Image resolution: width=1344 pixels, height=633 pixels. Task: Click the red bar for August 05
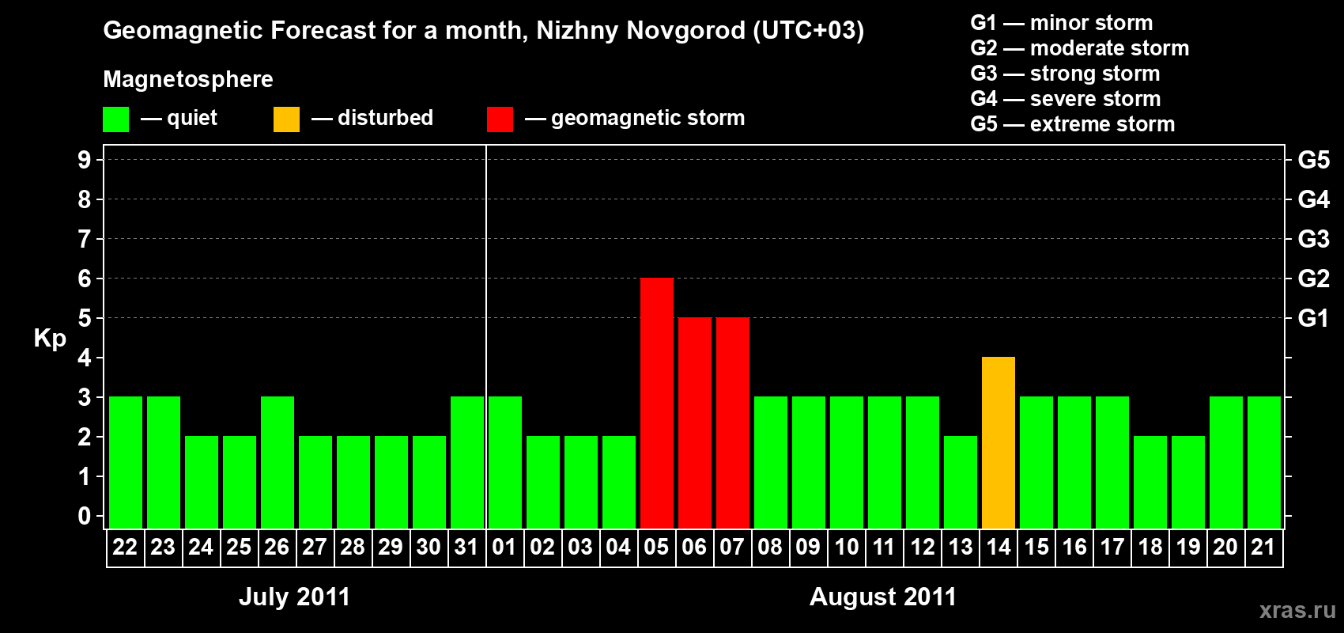656,404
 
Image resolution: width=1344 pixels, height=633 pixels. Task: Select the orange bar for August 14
999,443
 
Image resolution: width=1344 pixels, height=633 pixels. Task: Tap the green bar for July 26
277,463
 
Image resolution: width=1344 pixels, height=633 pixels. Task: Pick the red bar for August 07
733,423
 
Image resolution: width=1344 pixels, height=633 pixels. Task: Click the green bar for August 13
961,483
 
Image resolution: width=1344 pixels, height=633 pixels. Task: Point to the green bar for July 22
126,463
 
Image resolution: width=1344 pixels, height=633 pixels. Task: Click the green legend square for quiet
115,119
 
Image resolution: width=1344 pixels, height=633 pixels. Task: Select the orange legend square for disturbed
286,119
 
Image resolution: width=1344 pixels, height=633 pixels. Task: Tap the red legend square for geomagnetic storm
500,119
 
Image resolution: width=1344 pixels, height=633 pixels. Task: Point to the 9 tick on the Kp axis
85,160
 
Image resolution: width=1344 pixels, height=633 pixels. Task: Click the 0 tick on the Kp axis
85,516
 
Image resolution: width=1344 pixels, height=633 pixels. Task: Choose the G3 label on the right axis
1313,239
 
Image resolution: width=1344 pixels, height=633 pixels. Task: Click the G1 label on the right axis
1313,318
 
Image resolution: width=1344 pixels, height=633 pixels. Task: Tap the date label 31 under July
466,547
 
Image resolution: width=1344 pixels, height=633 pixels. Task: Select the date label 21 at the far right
1263,547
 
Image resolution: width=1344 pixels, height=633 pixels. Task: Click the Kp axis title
50,338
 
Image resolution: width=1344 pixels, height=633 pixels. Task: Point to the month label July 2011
294,597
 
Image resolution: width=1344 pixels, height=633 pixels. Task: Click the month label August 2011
883,597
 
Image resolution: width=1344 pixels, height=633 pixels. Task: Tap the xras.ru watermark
1297,610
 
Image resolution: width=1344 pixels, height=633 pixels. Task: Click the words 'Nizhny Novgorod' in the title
640,30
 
